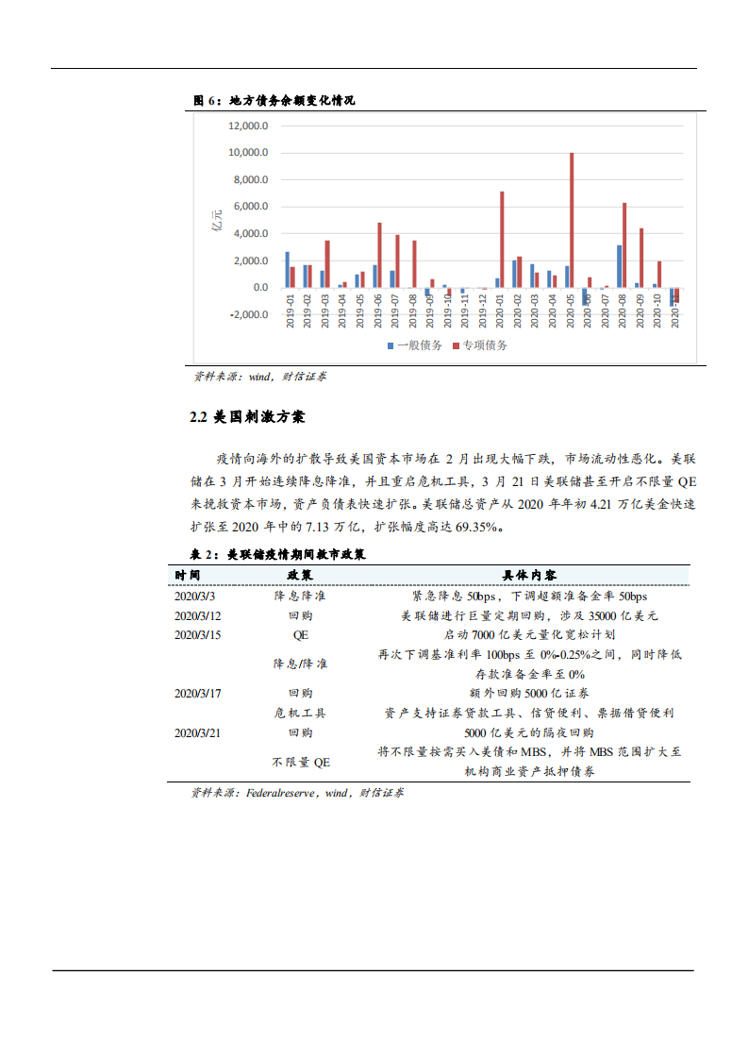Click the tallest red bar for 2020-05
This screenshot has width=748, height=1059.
pos(572,220)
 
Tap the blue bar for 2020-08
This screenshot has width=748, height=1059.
pos(619,266)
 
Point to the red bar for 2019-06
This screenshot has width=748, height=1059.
pos(379,255)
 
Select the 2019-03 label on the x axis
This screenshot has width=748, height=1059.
pos(326,311)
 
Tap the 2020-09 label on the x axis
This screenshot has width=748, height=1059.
pos(640,311)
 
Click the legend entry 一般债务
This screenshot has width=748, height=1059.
pos(416,345)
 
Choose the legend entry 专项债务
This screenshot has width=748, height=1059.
pos(481,345)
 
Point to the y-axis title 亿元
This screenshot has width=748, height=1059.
pos(216,225)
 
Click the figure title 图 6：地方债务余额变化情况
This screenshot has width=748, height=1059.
pos(274,100)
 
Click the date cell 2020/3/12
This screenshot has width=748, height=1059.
pos(198,615)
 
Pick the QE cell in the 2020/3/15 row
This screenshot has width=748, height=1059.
pos(301,634)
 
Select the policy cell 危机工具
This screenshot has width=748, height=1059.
pos(301,714)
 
